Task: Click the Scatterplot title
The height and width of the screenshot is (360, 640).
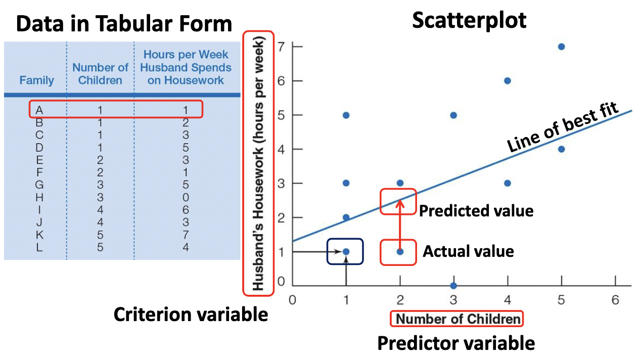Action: (469, 21)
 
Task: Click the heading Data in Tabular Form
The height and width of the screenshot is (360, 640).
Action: (124, 23)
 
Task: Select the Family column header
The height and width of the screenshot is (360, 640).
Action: (36, 80)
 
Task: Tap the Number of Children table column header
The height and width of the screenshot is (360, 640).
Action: (100, 74)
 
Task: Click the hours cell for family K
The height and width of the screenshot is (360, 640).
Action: (186, 235)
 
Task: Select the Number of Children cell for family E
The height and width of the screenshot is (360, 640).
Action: (100, 160)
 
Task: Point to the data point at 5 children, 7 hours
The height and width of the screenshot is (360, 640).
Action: (561, 47)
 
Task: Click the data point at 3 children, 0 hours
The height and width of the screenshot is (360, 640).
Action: (453, 286)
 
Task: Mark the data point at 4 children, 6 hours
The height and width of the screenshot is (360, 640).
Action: (508, 81)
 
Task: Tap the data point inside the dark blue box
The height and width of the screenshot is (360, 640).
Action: (346, 251)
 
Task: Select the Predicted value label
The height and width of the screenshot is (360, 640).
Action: (476, 210)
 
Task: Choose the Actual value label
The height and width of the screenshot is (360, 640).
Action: (468, 251)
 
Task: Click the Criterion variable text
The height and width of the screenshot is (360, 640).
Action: (191, 314)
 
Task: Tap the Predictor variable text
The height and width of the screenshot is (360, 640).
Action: (456, 343)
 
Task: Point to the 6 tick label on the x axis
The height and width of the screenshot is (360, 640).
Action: (615, 300)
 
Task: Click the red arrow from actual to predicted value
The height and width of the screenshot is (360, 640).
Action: (399, 225)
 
